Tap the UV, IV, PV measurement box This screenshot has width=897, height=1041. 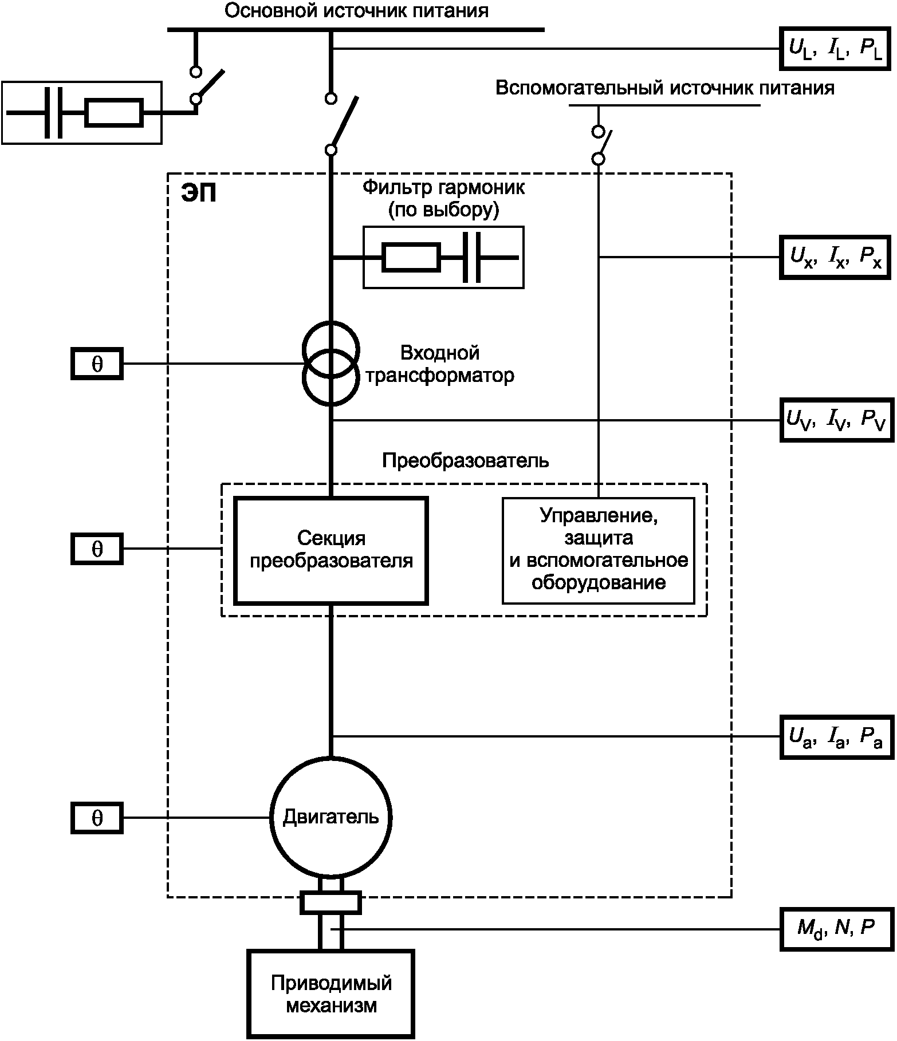click(836, 420)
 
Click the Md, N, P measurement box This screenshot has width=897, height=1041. click(836, 929)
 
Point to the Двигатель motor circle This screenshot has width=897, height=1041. click(331, 817)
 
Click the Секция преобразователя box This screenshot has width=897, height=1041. click(331, 550)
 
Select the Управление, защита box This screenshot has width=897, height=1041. click(599, 550)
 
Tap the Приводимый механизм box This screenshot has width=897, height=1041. click(331, 994)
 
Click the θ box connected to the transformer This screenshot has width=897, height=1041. click(97, 364)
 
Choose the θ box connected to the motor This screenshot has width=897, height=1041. click(97, 818)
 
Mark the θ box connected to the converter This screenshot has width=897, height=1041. click(97, 549)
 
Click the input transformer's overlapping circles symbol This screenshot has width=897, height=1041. click(331, 364)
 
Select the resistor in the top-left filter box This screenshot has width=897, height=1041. click(114, 113)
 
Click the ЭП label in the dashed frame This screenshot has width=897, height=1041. click(199, 194)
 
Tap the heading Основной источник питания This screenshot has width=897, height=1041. click(356, 11)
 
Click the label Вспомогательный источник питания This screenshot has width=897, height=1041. click(664, 88)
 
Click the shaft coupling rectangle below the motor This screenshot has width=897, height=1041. click(331, 902)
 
